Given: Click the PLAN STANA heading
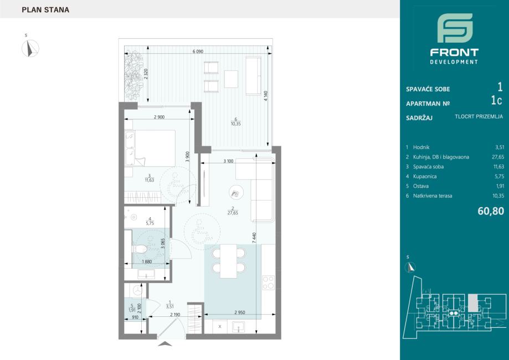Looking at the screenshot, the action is (45, 10).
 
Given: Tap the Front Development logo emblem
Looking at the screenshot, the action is (455, 28).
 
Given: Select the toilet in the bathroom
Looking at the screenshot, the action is (140, 249).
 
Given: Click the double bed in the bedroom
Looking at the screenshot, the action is (150, 148).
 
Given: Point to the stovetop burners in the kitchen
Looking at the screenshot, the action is (269, 282).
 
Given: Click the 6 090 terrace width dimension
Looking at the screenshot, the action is (198, 52).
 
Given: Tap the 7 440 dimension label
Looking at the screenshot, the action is (255, 238).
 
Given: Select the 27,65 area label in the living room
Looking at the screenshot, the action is (233, 213).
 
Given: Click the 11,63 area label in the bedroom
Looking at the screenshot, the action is (150, 180).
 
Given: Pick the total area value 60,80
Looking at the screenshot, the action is (491, 211).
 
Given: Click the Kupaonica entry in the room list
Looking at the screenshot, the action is (425, 176).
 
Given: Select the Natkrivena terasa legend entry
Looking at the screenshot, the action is (433, 196).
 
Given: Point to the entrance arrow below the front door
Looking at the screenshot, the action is (165, 344).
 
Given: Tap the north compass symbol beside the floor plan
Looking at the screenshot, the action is (30, 48).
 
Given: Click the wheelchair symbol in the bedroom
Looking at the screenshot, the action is (176, 184).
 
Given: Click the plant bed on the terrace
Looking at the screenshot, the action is (133, 76).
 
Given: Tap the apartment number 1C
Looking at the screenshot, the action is (497, 101).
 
